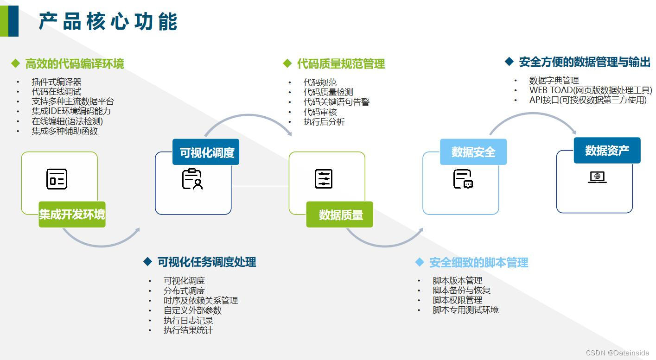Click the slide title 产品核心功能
[108, 22]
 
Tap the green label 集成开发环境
[72, 215]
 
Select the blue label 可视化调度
[206, 152]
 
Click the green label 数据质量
[340, 215]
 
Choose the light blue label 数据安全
[473, 152]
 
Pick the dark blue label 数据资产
[607, 151]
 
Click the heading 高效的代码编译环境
[74, 64]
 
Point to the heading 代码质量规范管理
[341, 64]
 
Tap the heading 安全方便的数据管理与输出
[584, 62]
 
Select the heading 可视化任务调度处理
[206, 262]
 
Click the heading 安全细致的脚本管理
[478, 263]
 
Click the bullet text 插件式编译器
[56, 82]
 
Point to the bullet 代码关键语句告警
[336, 102]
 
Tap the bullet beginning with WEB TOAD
[590, 90]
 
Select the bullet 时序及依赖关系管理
[200, 301]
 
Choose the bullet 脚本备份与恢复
[461, 291]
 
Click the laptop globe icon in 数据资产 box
[597, 177]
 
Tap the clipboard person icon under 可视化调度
[192, 179]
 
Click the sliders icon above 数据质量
[324, 179]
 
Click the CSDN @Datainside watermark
[617, 353]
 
